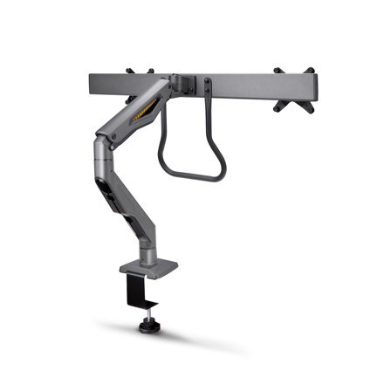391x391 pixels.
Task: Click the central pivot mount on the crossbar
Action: pyautogui.click(x=187, y=84)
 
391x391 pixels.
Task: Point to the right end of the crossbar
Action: pyautogui.click(x=309, y=87)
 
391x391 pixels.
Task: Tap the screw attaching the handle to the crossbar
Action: pyautogui.click(x=208, y=86)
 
